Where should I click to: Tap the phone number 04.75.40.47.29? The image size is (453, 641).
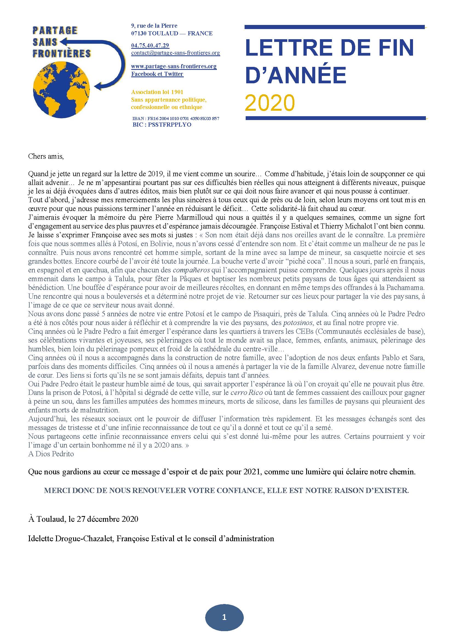(150, 45)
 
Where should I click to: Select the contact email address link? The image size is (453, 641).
(176, 53)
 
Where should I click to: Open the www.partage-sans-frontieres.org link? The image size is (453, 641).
(174, 66)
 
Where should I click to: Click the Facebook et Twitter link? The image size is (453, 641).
(157, 74)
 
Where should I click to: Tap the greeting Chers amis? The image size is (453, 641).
(46, 156)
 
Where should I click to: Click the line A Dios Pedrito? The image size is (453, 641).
(51, 454)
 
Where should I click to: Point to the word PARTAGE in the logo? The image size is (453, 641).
(55, 30)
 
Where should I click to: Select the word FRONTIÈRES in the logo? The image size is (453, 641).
(62, 53)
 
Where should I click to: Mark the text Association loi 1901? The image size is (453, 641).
(157, 92)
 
